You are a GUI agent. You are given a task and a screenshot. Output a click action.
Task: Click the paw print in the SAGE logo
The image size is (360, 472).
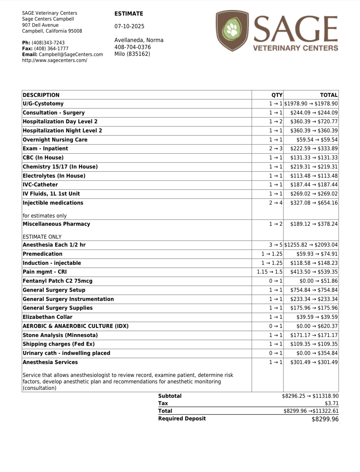pos(233,29)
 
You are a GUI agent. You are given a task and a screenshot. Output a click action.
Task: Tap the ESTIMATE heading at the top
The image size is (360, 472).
pos(129,14)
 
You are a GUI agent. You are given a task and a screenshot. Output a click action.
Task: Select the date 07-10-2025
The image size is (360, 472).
pos(129,26)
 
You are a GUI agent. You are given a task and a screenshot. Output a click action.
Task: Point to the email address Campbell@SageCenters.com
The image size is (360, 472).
pos(71,54)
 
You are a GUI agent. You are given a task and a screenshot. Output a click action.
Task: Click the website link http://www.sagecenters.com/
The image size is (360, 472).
pos(55,60)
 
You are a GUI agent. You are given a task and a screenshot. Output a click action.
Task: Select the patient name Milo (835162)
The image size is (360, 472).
pos(132,54)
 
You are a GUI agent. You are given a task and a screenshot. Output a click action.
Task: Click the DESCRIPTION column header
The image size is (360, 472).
pos(41,95)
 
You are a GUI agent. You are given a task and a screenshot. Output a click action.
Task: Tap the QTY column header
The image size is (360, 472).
pos(277,95)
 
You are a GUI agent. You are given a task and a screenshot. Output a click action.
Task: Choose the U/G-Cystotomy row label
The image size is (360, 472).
pos(43,104)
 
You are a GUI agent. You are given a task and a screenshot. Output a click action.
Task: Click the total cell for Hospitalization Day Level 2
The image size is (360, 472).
pos(314,122)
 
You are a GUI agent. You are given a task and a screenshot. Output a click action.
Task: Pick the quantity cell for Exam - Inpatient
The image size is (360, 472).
pos(275,149)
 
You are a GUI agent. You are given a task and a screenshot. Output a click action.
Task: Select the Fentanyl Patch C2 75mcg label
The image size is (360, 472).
pos(58,281)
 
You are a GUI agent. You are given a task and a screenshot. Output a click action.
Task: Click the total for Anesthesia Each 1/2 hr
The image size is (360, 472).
pos(311,245)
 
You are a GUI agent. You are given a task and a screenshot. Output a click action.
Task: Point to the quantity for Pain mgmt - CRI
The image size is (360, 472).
pos(269,272)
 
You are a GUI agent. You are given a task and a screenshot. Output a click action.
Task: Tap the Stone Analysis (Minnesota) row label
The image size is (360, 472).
pos(60,335)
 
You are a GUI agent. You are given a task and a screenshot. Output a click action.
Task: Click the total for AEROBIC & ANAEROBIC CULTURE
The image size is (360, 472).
pos(318,326)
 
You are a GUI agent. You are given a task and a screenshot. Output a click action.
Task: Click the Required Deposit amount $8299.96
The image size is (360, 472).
pos(325,419)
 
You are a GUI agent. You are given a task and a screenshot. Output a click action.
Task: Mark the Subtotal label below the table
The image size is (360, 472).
pos(170,396)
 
